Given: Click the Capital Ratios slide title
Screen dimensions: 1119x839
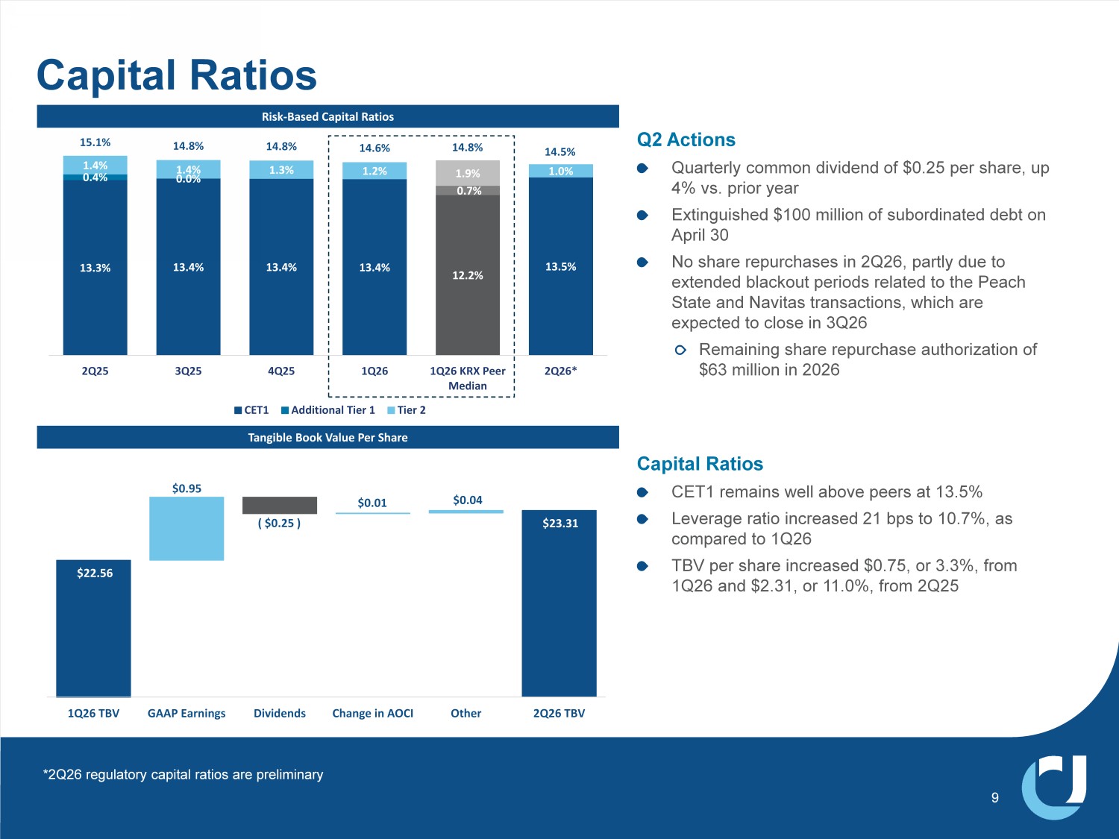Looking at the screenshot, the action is click(176, 75).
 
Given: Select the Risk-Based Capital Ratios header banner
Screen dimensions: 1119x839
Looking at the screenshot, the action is click(327, 116).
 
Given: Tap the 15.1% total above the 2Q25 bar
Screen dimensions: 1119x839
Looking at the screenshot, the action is click(95, 142).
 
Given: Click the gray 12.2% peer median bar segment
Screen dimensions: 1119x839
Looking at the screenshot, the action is click(468, 275).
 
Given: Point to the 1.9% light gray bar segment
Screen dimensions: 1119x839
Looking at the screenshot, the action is click(468, 173).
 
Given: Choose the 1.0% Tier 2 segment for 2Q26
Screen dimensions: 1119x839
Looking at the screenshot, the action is click(561, 172).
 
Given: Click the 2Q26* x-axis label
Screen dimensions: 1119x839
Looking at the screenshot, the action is click(560, 371).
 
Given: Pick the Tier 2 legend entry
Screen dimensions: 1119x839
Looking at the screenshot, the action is click(407, 410).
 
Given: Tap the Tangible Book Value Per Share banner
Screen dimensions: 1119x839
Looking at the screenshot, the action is click(327, 437).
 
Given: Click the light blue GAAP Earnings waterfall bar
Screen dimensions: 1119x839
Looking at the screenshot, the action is click(186, 528).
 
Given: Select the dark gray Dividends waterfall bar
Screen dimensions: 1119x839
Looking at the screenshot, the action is click(279, 505).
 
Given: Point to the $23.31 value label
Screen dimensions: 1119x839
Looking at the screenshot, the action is click(560, 524).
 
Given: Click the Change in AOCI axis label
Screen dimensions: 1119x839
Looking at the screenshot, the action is click(373, 713).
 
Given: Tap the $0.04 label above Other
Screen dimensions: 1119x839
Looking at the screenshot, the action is click(468, 500).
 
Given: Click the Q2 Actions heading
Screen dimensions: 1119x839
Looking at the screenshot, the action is click(686, 139).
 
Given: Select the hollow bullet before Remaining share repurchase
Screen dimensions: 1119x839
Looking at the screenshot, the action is click(680, 350).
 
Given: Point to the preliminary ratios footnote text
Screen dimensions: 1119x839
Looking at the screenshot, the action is click(183, 775).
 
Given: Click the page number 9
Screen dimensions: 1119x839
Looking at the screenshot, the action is click(994, 798).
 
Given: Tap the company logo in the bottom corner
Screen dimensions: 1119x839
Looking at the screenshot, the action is click(1054, 787).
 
